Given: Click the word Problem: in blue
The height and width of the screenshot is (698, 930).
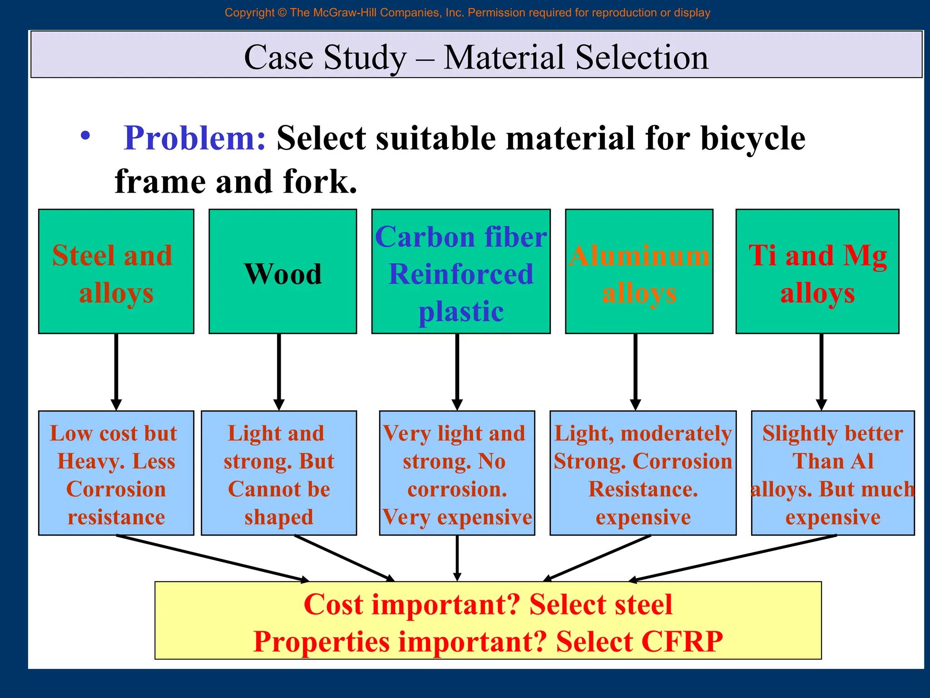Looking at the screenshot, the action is pyautogui.click(x=194, y=138).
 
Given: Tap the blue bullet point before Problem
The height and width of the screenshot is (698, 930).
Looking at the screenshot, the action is pyautogui.click(x=85, y=135).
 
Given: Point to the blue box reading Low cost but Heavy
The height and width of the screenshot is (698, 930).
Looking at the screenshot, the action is pyautogui.click(x=116, y=473).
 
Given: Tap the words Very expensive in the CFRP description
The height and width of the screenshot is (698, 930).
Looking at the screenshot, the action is pyautogui.click(x=457, y=517).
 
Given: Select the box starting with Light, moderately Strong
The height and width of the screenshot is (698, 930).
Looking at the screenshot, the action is pyautogui.click(x=643, y=473).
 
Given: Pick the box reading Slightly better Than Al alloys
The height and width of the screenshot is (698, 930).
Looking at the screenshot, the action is pyautogui.click(x=832, y=473).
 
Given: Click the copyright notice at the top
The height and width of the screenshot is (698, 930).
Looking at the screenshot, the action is pyautogui.click(x=467, y=13).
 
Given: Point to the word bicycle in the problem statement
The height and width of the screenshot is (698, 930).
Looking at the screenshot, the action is pyautogui.click(x=752, y=138).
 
